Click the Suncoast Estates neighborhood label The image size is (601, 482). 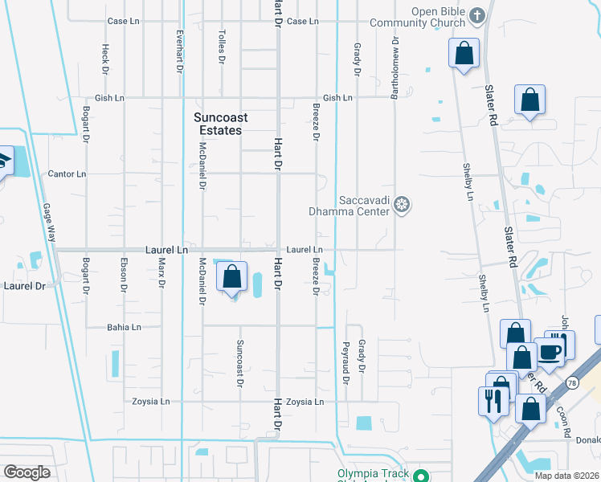pyautogui.click(x=221, y=124)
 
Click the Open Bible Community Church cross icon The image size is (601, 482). pyautogui.click(x=477, y=15)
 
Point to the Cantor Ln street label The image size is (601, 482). pyautogui.click(x=67, y=174)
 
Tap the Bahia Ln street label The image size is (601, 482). pyautogui.click(x=125, y=327)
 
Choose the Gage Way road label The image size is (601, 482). pyautogui.click(x=51, y=223)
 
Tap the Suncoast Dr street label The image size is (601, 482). pyautogui.click(x=239, y=362)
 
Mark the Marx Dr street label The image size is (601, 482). pyautogui.click(x=161, y=272)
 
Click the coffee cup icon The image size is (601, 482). pyautogui.click(x=550, y=351)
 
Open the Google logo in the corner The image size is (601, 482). pyautogui.click(x=27, y=472)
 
